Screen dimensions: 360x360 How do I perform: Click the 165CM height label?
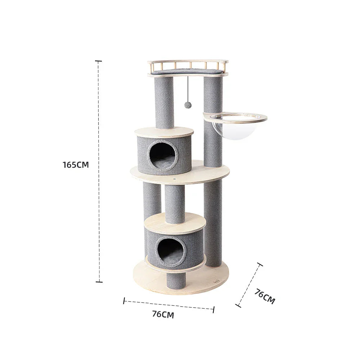[76, 165]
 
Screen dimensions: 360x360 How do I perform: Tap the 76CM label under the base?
[163, 314]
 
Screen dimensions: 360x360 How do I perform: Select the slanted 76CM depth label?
[265, 296]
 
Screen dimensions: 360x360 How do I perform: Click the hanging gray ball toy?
[188, 105]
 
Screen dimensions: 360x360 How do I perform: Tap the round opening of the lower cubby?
[170, 251]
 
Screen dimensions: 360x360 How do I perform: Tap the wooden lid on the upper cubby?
[164, 132]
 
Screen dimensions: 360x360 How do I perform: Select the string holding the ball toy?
[188, 88]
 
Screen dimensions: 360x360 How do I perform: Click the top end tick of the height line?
[98, 61]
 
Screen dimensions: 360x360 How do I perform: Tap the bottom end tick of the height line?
[99, 282]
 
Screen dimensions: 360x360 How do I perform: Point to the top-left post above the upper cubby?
[164, 103]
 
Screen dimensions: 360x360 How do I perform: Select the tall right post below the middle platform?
[213, 223]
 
